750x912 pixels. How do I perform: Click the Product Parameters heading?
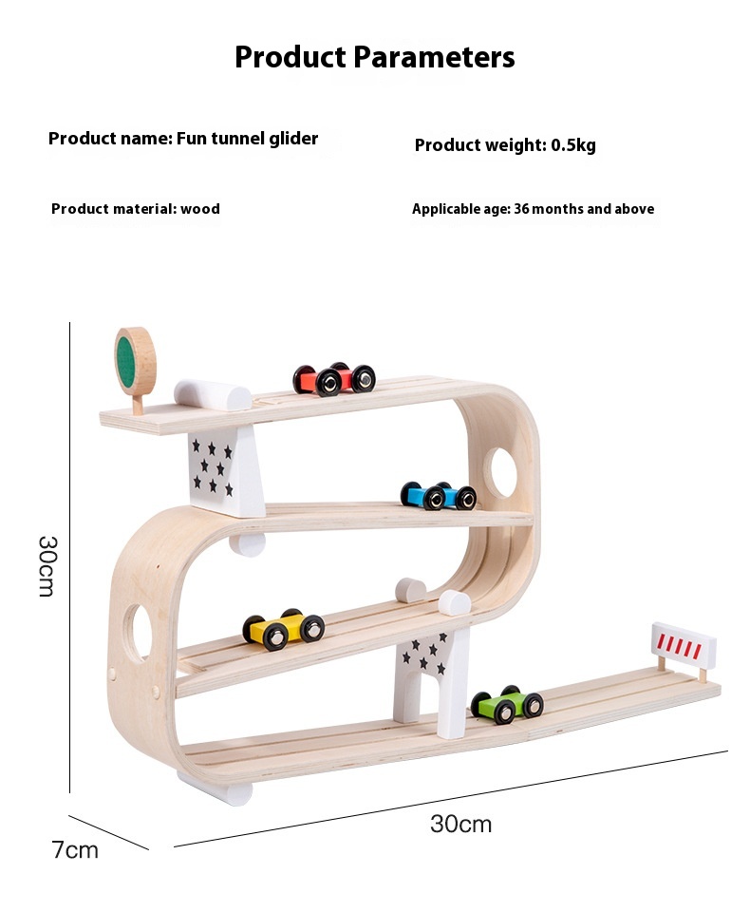(x=375, y=57)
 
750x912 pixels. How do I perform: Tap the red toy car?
(x=333, y=379)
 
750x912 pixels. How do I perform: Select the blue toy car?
(x=438, y=495)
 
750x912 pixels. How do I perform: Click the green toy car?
(x=507, y=704)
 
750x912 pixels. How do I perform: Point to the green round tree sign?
(x=135, y=360)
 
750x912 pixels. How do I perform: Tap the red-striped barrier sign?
(x=684, y=645)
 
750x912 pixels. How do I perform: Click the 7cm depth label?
(x=75, y=849)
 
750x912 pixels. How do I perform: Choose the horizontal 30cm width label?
(x=460, y=824)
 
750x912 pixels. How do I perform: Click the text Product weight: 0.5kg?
(x=505, y=145)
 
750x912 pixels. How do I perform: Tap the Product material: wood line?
(x=136, y=209)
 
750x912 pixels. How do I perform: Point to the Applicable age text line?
(x=533, y=209)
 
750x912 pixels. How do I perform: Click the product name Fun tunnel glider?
(x=183, y=139)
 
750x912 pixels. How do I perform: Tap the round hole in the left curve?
(x=139, y=633)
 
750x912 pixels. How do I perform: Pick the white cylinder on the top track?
(x=213, y=394)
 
